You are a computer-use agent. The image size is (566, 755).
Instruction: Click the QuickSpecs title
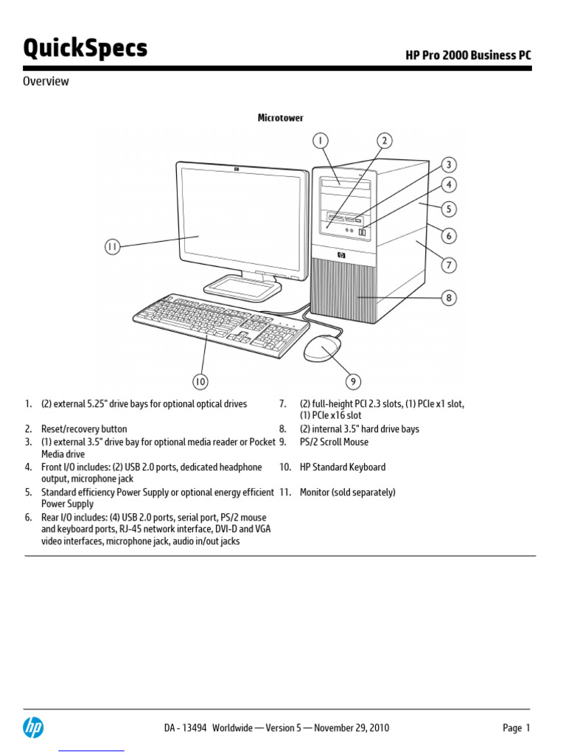point(85,49)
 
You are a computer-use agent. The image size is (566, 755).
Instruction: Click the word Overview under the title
point(46,81)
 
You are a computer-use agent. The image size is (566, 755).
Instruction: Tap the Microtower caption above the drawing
point(280,118)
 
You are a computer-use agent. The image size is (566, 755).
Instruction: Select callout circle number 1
point(321,140)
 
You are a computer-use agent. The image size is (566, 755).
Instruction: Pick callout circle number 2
point(385,140)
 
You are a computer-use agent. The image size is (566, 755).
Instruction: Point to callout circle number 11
point(112,248)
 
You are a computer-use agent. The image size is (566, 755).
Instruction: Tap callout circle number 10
point(200,381)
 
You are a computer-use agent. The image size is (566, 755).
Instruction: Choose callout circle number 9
point(354,381)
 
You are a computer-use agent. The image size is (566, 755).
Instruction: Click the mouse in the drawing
point(323,348)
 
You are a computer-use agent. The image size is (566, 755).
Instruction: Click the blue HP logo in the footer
point(33,728)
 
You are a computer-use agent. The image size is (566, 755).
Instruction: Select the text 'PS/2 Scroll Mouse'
point(334,442)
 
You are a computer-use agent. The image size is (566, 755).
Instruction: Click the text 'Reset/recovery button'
point(84,429)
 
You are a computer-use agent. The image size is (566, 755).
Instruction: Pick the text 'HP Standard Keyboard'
point(343,467)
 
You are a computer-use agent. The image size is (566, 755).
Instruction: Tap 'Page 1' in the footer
point(516,728)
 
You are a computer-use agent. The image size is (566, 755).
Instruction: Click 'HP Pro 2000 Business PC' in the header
point(468,55)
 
